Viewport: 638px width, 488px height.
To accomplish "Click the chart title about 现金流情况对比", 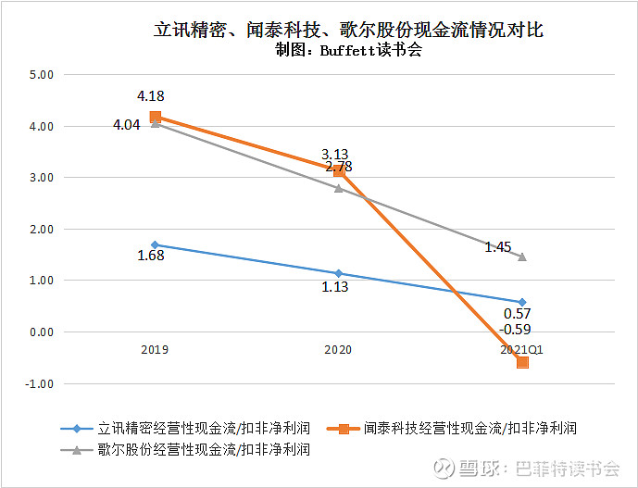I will point(348,30).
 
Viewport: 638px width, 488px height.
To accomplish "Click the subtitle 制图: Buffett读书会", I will point(348,51).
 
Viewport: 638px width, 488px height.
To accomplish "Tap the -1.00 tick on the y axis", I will point(42,383).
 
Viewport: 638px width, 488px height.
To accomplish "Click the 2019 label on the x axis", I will point(155,351).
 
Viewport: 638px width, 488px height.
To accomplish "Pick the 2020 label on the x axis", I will point(338,351).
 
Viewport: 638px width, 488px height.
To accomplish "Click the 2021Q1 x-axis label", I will point(522,351).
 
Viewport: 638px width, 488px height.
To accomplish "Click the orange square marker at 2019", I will point(155,117).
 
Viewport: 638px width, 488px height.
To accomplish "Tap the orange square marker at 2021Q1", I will point(522,362).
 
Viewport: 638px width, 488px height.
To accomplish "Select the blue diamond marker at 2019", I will point(155,245).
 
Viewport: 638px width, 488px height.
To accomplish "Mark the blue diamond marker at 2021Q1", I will point(522,302).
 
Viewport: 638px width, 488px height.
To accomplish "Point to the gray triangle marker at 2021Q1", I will point(522,257).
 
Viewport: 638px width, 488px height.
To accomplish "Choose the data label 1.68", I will point(150,257).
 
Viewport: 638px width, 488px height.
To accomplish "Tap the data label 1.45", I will point(498,247).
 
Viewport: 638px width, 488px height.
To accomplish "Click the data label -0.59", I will point(515,330).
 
